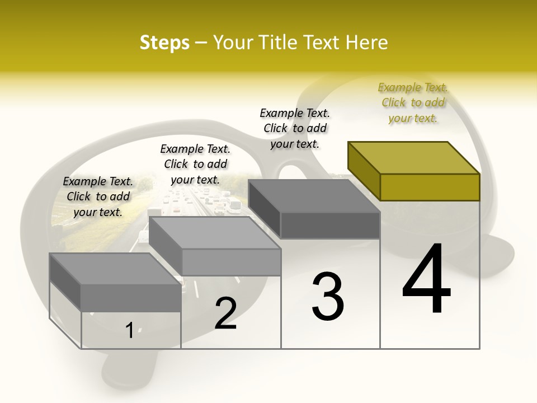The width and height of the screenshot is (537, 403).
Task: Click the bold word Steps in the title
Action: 164,43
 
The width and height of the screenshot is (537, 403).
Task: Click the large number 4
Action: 426,280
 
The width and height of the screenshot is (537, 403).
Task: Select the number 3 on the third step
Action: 327,297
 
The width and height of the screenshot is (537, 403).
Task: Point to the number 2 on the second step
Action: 225,313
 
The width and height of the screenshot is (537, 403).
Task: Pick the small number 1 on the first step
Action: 129,331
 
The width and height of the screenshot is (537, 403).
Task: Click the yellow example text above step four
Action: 413,102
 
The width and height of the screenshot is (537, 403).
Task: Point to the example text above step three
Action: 295,128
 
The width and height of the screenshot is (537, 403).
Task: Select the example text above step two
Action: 195,164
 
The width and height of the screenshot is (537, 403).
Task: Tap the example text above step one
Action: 98,196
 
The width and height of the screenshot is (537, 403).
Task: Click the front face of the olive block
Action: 430,187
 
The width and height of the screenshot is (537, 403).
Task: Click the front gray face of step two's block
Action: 231,262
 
